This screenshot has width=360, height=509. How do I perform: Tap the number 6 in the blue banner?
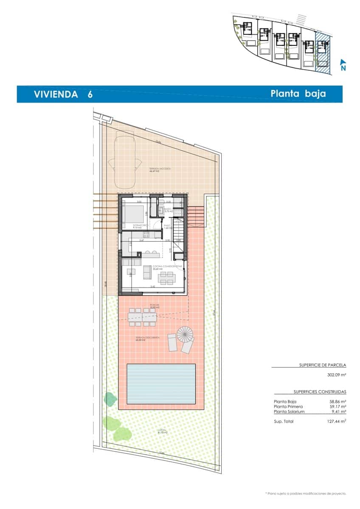(90, 94)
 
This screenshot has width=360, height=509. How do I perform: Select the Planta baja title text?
(298, 94)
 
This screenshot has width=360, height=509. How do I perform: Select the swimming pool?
(161, 384)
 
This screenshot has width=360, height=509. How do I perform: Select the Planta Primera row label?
(288, 406)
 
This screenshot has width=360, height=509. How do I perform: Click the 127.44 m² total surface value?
(334, 421)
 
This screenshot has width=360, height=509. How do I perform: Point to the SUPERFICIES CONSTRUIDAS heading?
(320, 392)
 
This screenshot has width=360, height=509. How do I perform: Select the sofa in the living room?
(147, 272)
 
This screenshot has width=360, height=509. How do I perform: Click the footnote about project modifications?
(306, 493)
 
